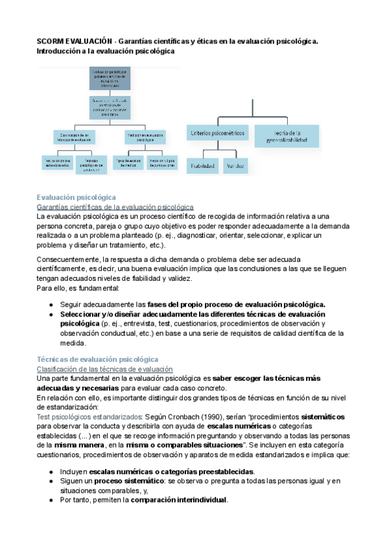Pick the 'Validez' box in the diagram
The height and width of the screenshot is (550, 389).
point(235,167)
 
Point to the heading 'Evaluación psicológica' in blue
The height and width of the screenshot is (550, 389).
point(77,197)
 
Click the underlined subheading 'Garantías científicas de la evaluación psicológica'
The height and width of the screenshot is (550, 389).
point(111,206)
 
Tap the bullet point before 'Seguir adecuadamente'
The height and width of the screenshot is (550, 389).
point(51,304)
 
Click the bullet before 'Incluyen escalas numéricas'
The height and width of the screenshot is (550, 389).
point(51,472)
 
